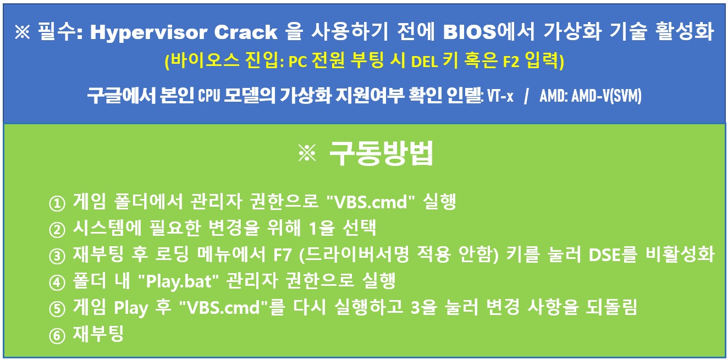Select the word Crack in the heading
coord(246,32)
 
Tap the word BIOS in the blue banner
coord(470,32)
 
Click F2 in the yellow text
coord(511,61)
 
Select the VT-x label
coord(500,96)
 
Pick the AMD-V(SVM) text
coord(606,96)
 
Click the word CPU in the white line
coord(208,96)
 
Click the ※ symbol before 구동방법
coord(307,153)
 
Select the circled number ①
coord(57,203)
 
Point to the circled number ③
coord(57,256)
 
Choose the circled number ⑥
coord(57,335)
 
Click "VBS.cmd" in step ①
coord(371,202)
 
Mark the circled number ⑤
coord(57,309)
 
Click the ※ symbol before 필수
coord(23,32)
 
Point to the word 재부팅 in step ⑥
coord(98,334)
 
